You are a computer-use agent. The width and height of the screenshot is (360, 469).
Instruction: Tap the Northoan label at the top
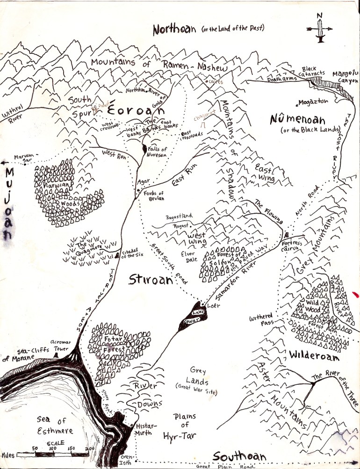176,29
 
